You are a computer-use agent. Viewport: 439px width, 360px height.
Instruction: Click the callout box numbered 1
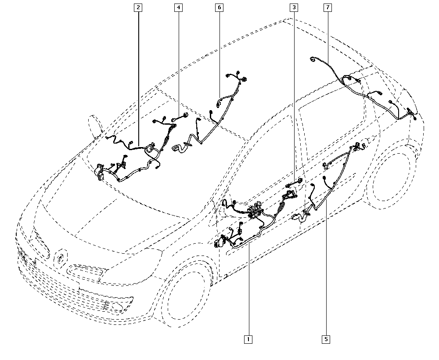click(x=248, y=339)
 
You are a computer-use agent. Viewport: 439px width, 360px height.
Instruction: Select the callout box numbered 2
click(x=138, y=7)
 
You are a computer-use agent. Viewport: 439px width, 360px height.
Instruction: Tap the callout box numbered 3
click(x=294, y=7)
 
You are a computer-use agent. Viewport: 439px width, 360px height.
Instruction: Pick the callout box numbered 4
click(x=178, y=7)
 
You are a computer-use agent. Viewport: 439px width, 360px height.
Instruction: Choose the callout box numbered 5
click(x=326, y=339)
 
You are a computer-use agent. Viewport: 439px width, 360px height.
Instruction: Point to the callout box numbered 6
click(x=219, y=7)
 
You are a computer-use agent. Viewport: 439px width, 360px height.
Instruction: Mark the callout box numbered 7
click(x=327, y=7)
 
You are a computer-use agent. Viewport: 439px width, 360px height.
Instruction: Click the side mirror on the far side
click(x=95, y=126)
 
